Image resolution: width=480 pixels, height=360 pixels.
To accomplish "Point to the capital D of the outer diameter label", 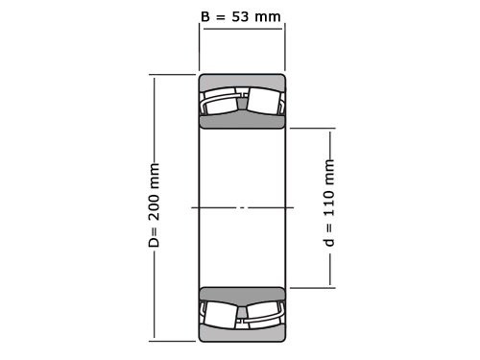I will click(154, 242).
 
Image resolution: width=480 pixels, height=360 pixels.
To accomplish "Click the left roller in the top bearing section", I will click(219, 103).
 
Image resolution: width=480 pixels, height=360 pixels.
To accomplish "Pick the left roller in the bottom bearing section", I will click(219, 313).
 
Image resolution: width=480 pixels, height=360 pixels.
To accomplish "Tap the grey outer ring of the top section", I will click(242, 81).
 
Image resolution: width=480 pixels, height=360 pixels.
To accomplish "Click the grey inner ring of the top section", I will click(242, 121).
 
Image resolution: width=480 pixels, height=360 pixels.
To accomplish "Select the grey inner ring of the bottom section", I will click(242, 294).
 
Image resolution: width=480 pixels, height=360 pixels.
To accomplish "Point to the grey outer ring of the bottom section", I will click(242, 334).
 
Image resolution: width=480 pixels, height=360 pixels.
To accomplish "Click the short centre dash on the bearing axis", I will click(242, 207).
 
